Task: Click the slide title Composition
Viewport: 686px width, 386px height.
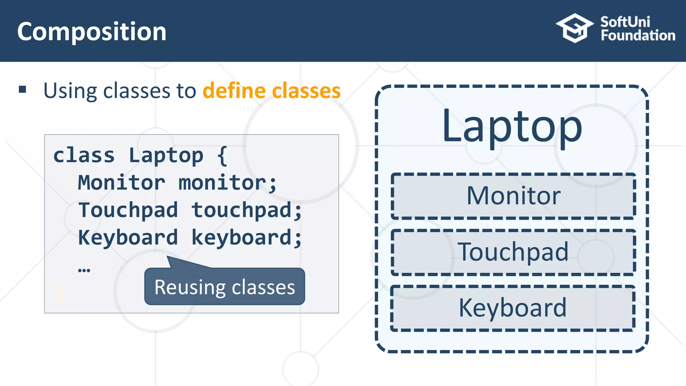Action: (x=91, y=32)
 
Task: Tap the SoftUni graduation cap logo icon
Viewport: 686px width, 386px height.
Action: (x=574, y=28)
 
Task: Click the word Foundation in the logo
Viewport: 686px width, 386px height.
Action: (x=638, y=36)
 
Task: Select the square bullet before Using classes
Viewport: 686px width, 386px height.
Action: (x=22, y=89)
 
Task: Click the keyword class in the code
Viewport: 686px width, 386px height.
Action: (x=84, y=155)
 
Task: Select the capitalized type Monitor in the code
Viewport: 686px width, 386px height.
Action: (x=121, y=183)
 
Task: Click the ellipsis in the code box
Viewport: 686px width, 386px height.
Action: (x=84, y=270)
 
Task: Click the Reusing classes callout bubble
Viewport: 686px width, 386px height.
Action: (x=224, y=287)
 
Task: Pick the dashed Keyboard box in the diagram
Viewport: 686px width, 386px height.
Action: (x=512, y=308)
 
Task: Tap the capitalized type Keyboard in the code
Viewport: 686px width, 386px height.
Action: (x=128, y=238)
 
